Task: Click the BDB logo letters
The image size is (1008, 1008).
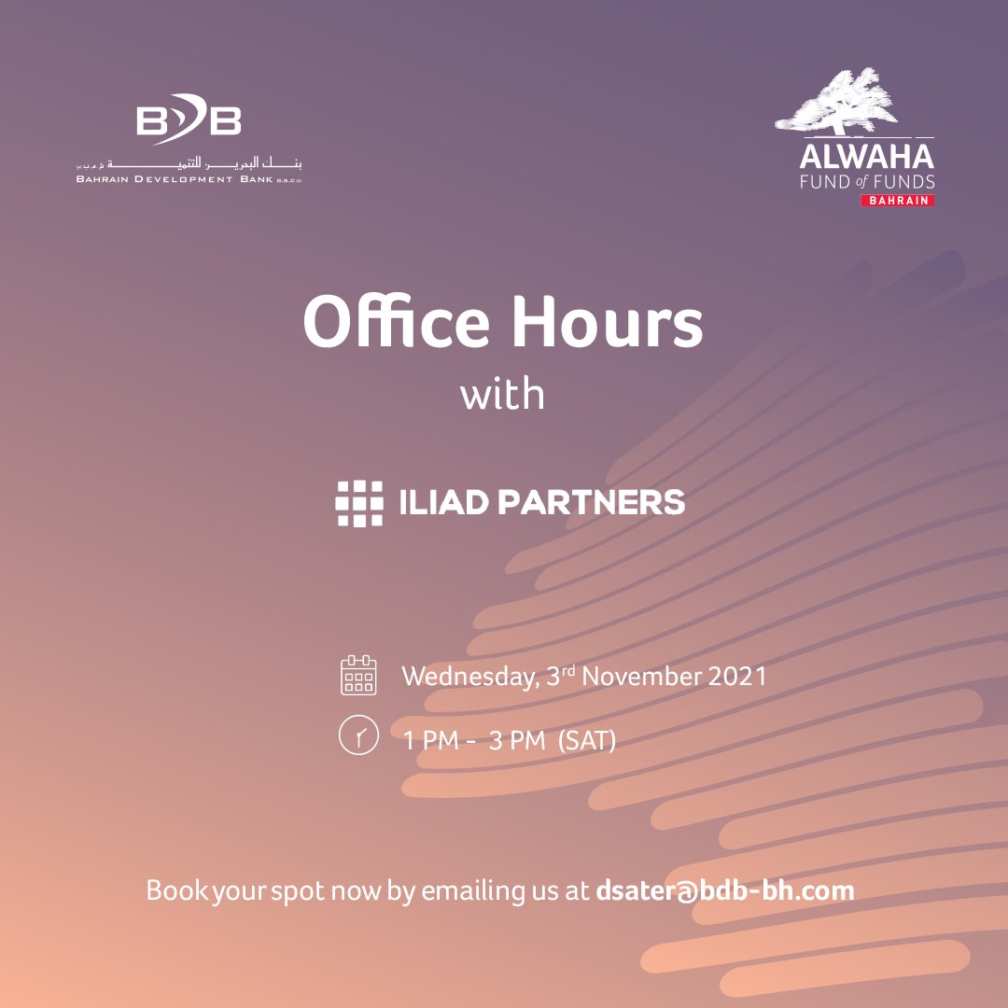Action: tap(189, 121)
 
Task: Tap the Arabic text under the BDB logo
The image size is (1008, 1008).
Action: tap(190, 161)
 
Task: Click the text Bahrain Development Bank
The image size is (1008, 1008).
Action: tap(175, 179)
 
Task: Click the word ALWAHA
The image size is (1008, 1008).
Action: tap(866, 155)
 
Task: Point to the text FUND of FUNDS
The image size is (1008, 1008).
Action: tap(866, 181)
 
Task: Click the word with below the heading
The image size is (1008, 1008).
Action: tap(502, 394)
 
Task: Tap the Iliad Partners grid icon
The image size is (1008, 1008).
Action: tap(359, 503)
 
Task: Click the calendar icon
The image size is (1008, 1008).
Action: tap(358, 675)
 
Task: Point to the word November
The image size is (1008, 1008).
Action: tap(637, 676)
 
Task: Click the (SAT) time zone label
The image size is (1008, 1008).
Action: tap(587, 741)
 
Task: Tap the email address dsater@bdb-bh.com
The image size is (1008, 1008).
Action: tap(724, 890)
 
